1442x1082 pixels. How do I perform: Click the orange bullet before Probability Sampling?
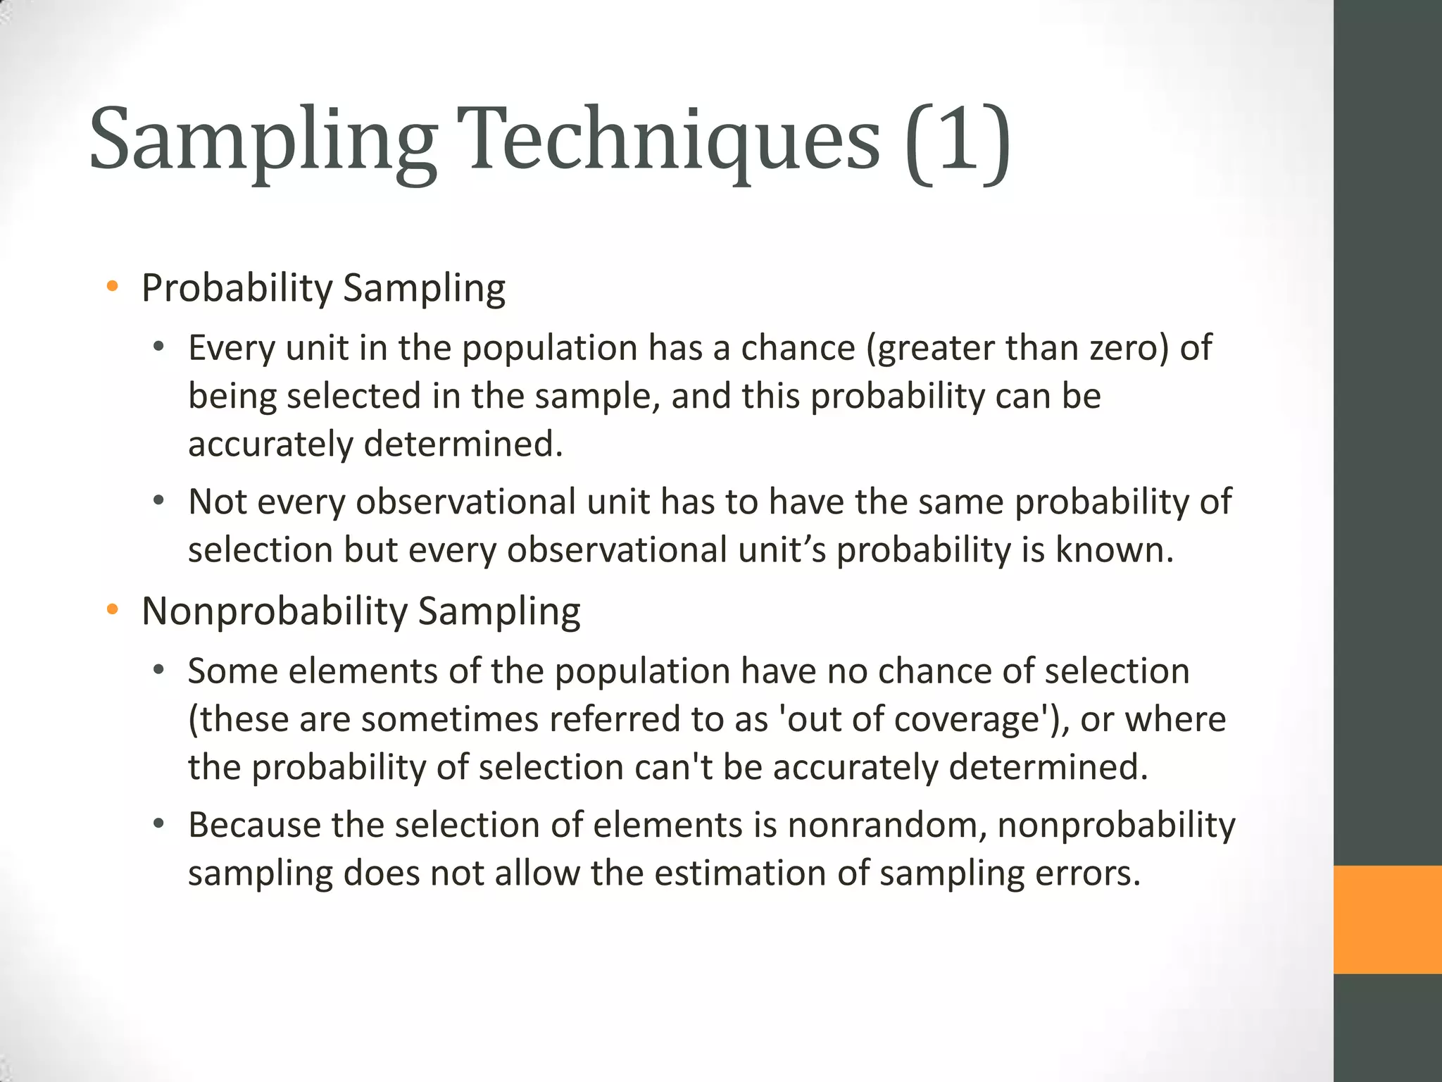[112, 287]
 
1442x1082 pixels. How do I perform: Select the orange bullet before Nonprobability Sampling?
[112, 610]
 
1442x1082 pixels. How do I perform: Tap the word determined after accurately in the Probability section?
[463, 444]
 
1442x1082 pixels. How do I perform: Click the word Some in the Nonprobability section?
[232, 671]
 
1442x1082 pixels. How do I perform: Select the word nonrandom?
[886, 825]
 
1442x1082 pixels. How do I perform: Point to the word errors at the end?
[1086, 873]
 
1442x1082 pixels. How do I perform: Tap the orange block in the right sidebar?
[1387, 919]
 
